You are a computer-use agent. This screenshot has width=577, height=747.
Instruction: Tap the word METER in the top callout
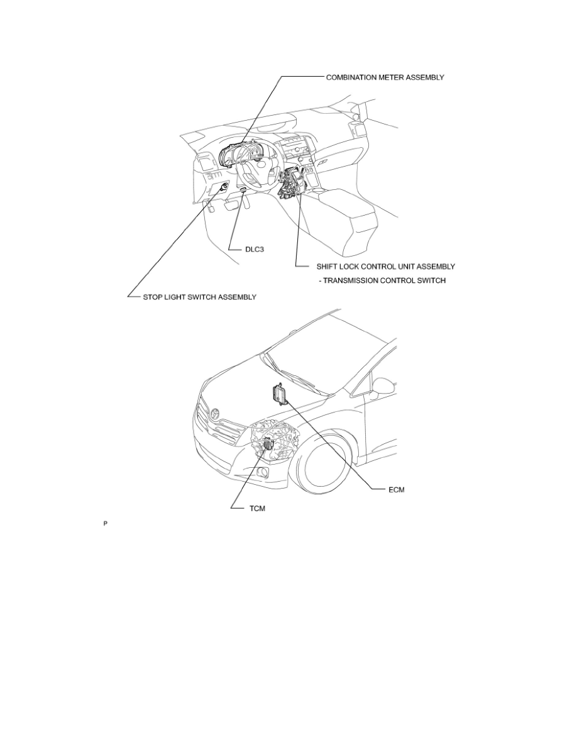[395, 77]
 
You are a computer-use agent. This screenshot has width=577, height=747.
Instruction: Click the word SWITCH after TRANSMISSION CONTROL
[431, 280]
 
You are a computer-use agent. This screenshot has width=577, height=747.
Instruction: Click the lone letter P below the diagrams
[106, 523]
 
